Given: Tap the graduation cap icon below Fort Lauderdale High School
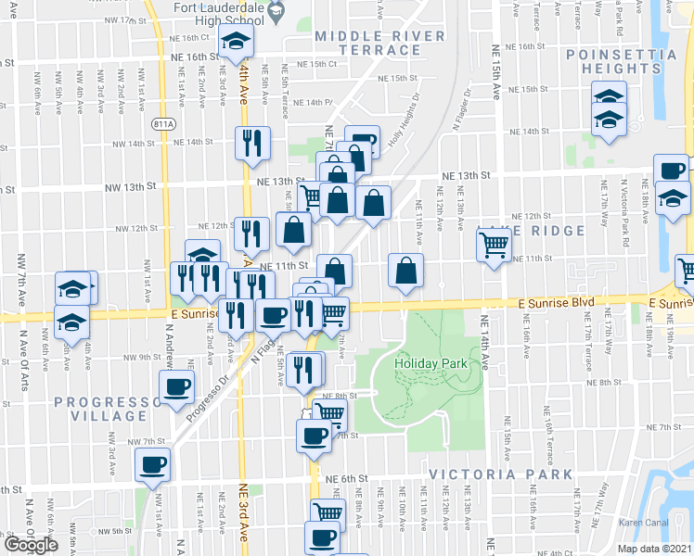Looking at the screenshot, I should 237,42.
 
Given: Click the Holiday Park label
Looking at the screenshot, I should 431,363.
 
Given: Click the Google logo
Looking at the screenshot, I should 32,544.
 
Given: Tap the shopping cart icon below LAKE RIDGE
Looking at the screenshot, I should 495,246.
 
